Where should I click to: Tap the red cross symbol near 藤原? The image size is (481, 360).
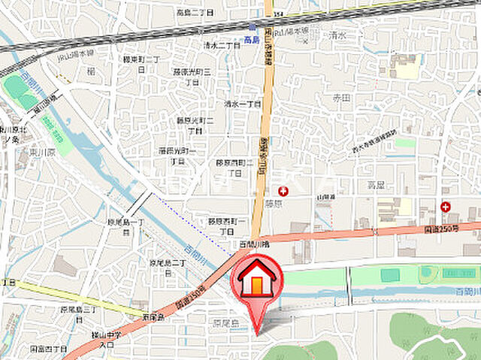(283, 191)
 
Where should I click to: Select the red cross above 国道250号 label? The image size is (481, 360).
(446, 206)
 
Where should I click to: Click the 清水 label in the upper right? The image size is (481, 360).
(339, 34)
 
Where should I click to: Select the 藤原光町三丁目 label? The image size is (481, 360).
(192, 77)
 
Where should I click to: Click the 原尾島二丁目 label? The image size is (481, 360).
(167, 268)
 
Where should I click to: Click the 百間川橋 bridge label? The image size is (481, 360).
(254, 245)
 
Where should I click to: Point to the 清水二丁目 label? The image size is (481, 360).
(220, 44)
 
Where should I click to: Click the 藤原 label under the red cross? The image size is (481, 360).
(273, 203)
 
